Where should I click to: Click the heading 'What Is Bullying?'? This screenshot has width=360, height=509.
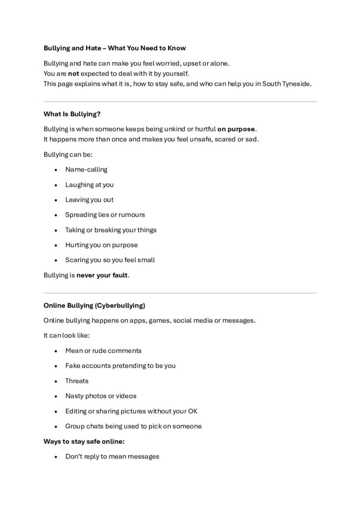pos(72,114)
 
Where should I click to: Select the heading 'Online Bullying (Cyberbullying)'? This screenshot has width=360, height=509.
pos(94,305)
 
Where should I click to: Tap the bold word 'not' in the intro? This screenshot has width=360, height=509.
pos(74,74)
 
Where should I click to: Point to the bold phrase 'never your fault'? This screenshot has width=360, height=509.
pos(102,275)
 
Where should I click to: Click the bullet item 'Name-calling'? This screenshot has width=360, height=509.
pos(86,170)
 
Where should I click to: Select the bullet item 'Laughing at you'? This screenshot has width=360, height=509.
pos(90,184)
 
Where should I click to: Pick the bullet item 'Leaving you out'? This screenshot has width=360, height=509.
pos(90,200)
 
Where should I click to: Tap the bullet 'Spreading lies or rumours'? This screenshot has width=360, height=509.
pos(105,215)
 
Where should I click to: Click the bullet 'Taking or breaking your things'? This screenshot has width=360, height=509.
pos(111,230)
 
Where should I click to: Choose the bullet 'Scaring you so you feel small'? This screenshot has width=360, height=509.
pos(110,260)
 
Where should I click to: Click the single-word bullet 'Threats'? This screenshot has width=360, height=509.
pos(77,381)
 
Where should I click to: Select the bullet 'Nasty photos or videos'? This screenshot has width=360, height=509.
pos(100,396)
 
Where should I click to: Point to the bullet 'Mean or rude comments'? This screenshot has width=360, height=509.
pos(103,350)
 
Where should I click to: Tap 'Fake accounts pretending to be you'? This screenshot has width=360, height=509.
pos(120,366)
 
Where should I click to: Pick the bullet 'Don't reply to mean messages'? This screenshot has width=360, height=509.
pos(112,456)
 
